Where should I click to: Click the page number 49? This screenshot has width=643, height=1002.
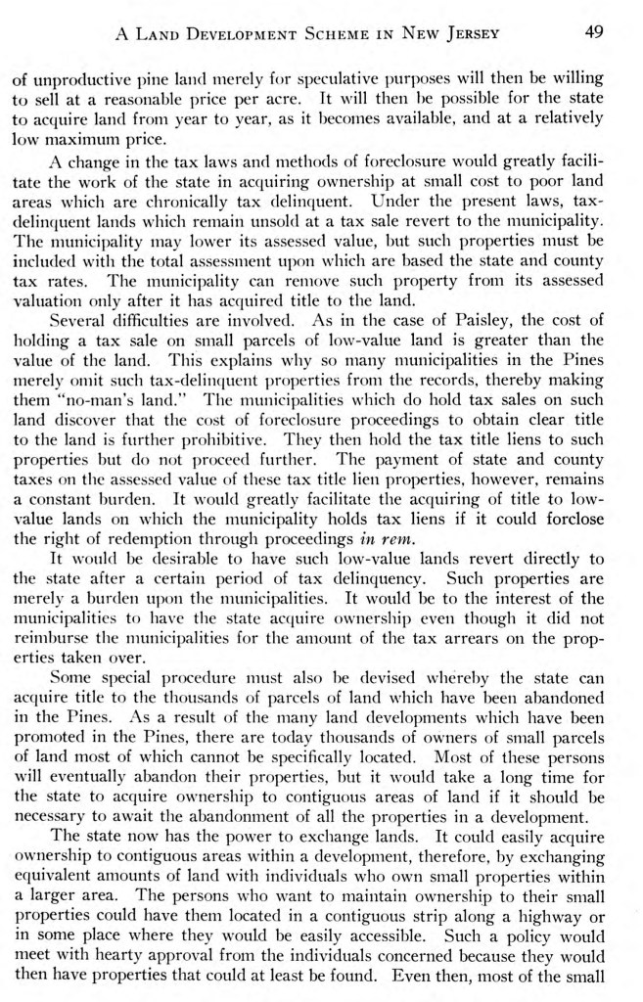594,31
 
